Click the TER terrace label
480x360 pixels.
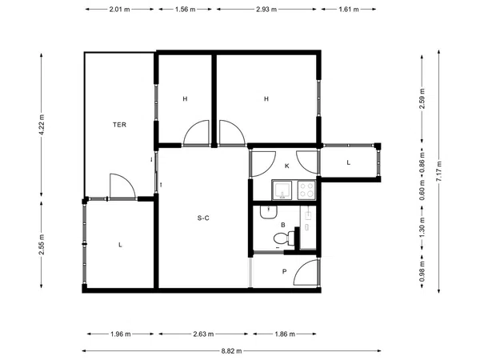[x=119, y=125]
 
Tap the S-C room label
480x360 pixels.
[x=203, y=218]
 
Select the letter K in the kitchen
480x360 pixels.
[x=287, y=166]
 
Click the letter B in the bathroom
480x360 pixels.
[x=283, y=225]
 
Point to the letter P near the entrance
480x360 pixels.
[x=284, y=271]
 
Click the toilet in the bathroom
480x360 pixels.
[x=284, y=238]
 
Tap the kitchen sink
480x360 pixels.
[x=282, y=190]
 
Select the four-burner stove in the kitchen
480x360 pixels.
[x=306, y=190]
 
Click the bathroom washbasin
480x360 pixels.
[x=269, y=212]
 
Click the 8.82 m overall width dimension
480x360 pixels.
[x=231, y=351]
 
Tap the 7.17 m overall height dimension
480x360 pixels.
[x=439, y=171]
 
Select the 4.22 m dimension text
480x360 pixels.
[x=42, y=125]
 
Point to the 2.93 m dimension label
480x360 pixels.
[x=266, y=9]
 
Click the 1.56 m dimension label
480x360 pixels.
[x=186, y=9]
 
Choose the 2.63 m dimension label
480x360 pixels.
[x=203, y=334]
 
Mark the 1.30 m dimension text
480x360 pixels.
[x=422, y=227]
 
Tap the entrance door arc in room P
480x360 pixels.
[x=306, y=272]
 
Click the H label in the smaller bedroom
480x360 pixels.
[x=185, y=99]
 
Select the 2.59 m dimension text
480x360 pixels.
[x=422, y=98]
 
